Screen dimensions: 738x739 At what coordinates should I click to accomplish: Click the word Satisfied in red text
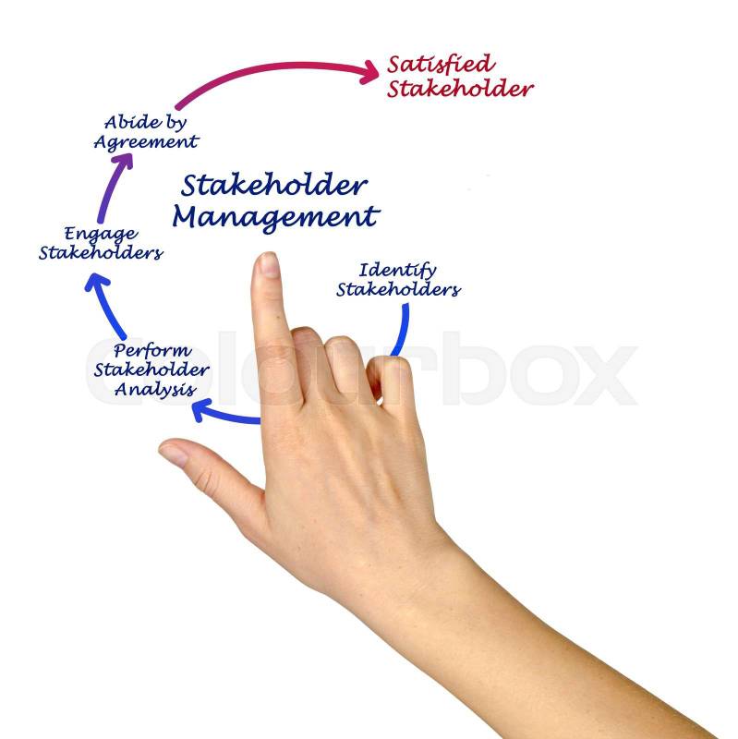[441, 65]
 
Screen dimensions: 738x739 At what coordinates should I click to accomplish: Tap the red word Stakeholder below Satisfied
[460, 89]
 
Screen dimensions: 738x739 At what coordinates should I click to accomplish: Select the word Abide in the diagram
[126, 122]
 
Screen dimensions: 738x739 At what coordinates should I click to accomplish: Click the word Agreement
[146, 142]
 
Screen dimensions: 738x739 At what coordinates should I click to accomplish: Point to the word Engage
[101, 234]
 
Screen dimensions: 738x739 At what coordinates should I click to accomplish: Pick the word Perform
[152, 351]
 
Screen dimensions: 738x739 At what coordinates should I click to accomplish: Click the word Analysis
[155, 390]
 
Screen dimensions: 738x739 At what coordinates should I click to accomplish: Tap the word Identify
[397, 271]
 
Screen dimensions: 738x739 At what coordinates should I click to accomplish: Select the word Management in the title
[275, 217]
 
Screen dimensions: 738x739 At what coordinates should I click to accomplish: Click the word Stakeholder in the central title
[273, 185]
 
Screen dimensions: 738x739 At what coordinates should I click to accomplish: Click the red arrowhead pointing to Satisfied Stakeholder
[369, 72]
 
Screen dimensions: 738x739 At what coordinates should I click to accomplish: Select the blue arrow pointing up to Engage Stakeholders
[104, 306]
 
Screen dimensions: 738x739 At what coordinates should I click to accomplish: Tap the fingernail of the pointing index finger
[270, 264]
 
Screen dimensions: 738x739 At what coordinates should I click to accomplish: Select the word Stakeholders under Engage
[101, 252]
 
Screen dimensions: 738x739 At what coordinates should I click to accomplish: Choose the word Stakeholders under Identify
[398, 289]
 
